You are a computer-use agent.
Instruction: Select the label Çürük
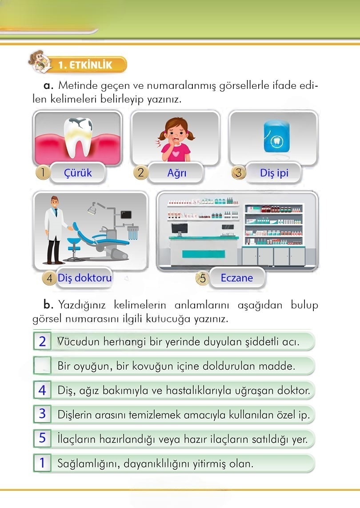coord(78,172)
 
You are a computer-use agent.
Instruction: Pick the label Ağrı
coord(176,172)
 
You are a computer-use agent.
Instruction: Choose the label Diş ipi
coord(274,173)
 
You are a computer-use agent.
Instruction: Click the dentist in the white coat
coord(56,229)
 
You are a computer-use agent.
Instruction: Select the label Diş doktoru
coord(84,278)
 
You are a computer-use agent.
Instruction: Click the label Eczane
coord(236,278)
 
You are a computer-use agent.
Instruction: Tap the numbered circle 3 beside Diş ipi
coord(239,172)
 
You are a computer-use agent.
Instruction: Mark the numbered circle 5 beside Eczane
coord(203,279)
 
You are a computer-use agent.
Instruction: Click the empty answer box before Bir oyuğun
coord(42,366)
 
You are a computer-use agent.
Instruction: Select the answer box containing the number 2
coord(42,341)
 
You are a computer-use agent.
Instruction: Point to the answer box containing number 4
coord(42,390)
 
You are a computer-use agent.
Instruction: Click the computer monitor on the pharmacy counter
coord(179,228)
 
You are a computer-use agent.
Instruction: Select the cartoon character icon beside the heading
coord(38,61)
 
